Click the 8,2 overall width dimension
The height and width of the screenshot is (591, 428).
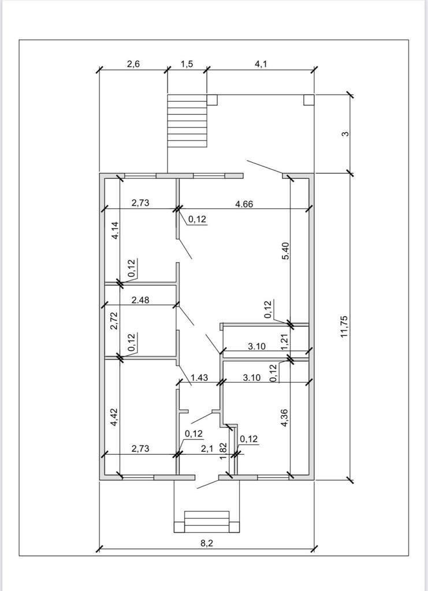click(206, 543)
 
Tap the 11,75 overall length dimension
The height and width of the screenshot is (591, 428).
click(344, 327)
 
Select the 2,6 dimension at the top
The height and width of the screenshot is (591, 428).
click(133, 63)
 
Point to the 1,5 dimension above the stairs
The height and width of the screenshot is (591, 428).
click(187, 63)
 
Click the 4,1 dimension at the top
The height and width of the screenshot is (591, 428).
click(260, 63)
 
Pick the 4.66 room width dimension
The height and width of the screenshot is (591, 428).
click(244, 204)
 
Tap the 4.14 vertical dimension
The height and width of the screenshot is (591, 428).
click(115, 230)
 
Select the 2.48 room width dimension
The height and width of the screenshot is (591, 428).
click(140, 300)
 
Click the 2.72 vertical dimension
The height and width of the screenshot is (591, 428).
click(114, 321)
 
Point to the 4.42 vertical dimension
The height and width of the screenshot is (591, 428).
click(114, 418)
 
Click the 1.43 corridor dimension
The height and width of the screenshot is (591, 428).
click(199, 377)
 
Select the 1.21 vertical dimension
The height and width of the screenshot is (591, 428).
click(285, 342)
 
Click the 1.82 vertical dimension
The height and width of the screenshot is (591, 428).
click(223, 451)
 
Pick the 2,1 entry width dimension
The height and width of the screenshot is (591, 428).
click(207, 448)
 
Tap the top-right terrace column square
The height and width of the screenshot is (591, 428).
click(309, 99)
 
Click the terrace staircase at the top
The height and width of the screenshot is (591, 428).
click(187, 121)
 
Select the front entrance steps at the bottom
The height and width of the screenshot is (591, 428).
click(207, 522)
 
